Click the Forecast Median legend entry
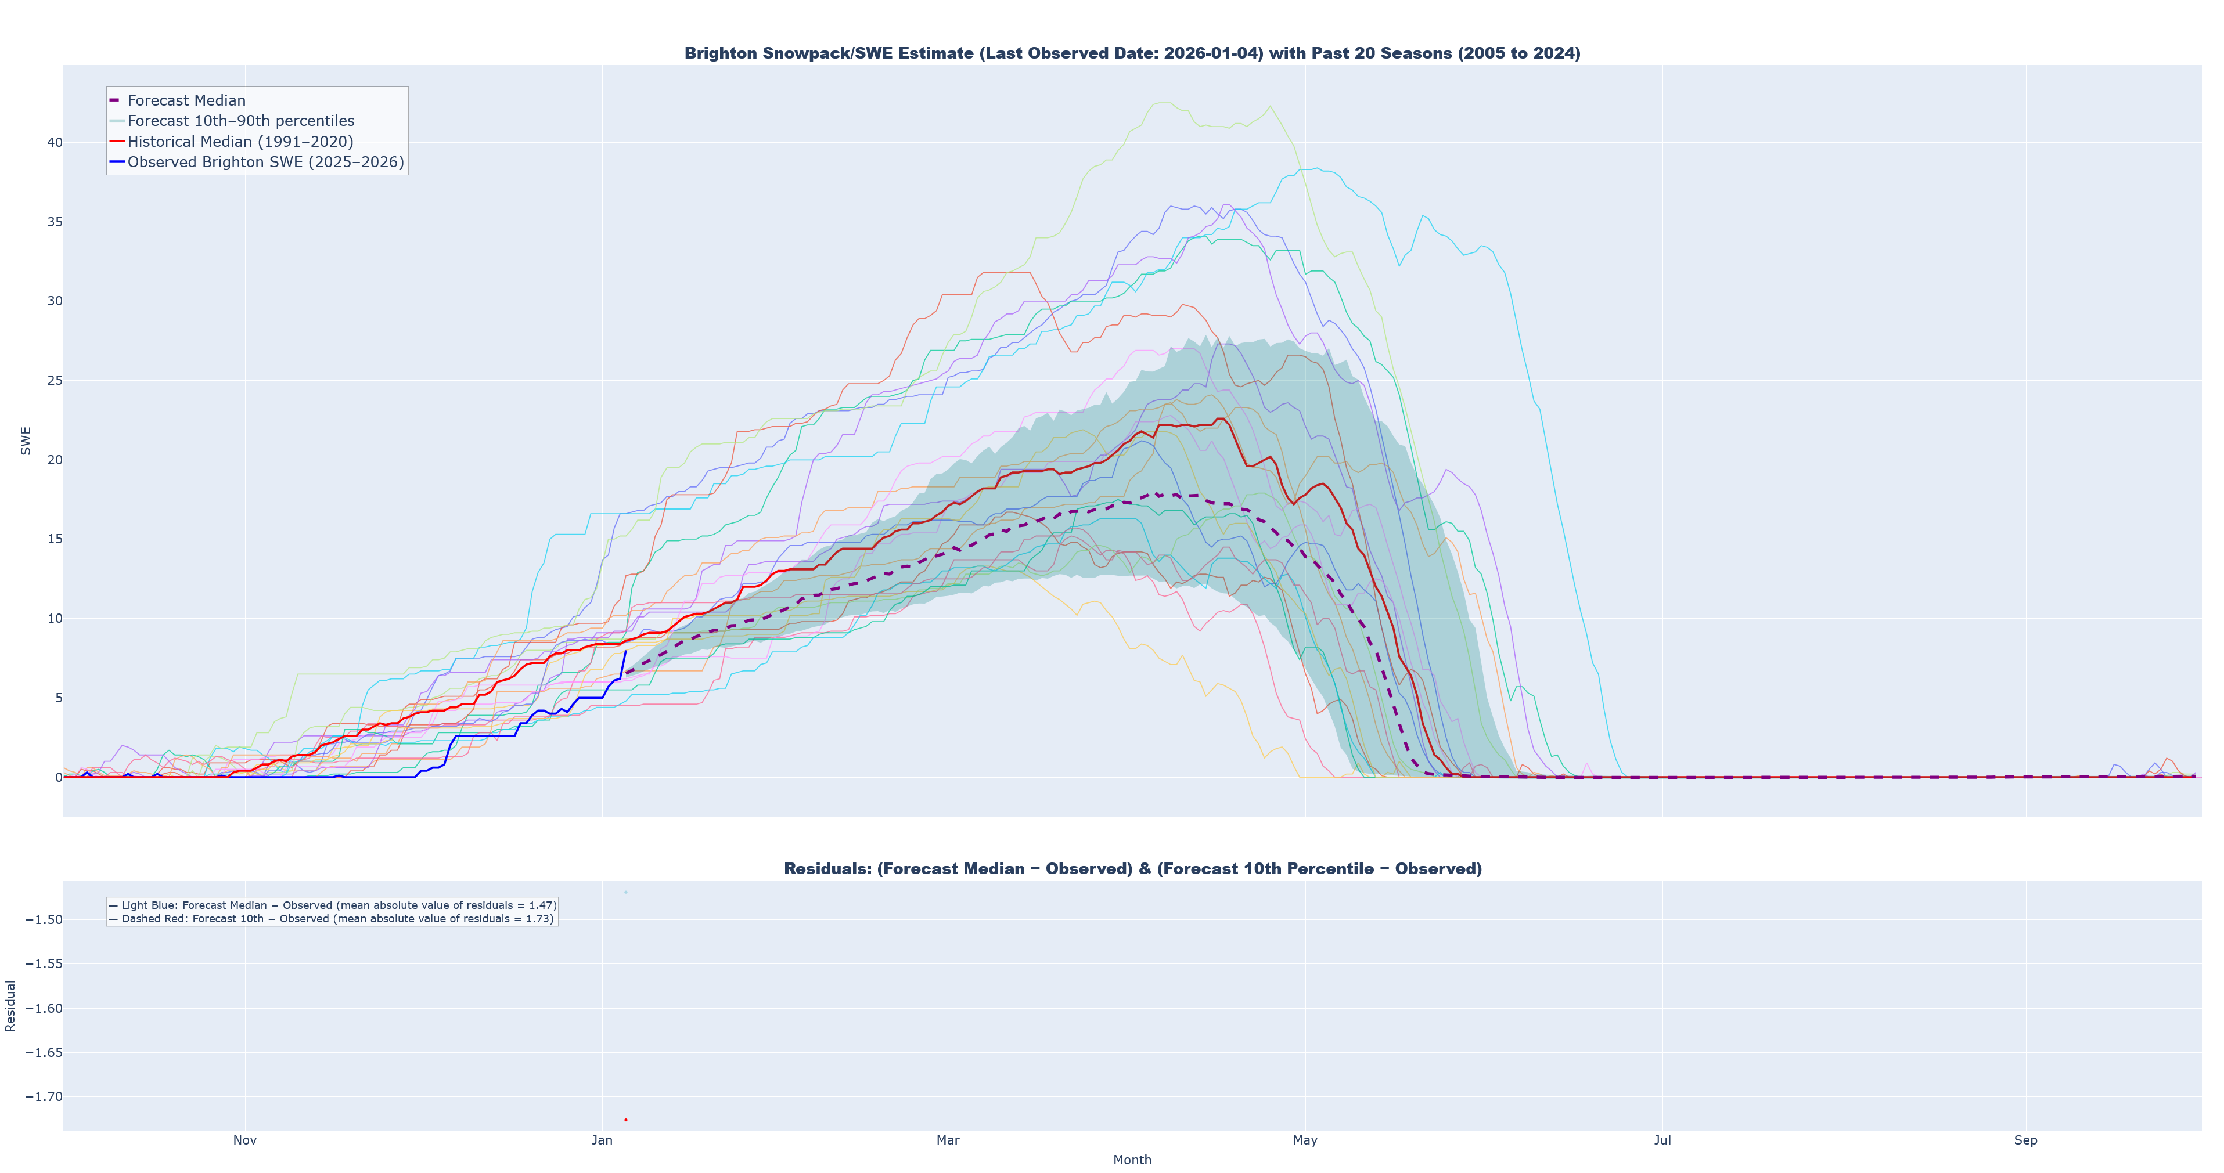click(186, 101)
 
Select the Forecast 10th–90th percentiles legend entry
click(240, 121)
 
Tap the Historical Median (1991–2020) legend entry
click(240, 142)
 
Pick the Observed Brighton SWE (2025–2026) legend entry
click(265, 163)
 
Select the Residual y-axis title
click(10, 1005)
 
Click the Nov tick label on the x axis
click(244, 1140)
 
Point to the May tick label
click(1305, 1140)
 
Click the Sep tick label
click(2025, 1140)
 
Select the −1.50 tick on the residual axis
click(43, 919)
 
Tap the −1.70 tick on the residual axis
click(43, 1097)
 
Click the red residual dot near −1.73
click(626, 1120)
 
